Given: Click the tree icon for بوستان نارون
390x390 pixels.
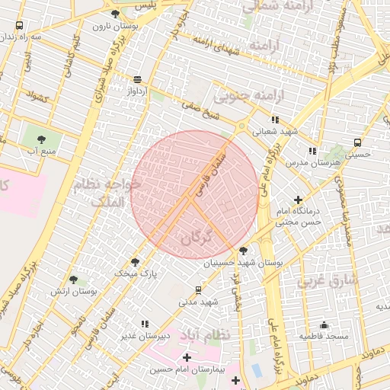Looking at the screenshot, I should pyautogui.click(x=115, y=14).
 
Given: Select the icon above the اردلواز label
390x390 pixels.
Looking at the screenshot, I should pyautogui.click(x=137, y=79).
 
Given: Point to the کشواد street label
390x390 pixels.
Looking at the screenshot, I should pyautogui.click(x=36, y=97).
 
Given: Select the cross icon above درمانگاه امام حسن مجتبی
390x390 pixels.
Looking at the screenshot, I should pyautogui.click(x=298, y=200).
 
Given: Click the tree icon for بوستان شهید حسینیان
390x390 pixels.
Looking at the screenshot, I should pyautogui.click(x=243, y=250).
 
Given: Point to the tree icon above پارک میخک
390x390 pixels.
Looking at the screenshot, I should pyautogui.click(x=135, y=261).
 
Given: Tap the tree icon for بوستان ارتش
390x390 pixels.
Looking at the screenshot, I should pyautogui.click(x=73, y=280).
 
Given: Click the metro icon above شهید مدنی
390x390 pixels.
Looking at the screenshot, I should pyautogui.click(x=199, y=290).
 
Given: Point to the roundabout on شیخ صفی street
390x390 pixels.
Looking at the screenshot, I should pyautogui.click(x=241, y=126).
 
